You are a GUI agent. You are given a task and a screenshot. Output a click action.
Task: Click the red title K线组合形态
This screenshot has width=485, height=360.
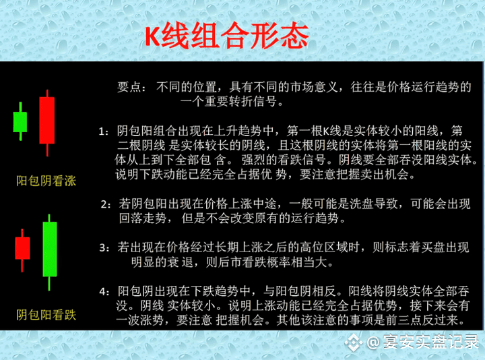(227, 36)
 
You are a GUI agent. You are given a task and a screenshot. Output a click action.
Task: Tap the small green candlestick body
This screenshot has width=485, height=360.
(20, 122)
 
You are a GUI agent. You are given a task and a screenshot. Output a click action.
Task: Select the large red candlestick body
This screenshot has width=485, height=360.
(47, 120)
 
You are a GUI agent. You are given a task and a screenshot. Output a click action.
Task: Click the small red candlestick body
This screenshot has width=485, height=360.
(22, 248)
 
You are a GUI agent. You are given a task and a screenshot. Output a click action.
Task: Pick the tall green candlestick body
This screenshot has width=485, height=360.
(49, 249)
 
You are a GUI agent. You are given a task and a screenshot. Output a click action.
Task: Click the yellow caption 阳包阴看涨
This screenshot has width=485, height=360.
(46, 181)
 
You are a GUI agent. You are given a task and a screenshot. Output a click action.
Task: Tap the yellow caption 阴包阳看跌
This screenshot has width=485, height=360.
(46, 315)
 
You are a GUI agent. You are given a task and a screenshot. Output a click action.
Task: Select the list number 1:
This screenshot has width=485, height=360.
(103, 132)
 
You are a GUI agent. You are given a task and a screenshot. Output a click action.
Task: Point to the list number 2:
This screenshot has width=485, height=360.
(106, 205)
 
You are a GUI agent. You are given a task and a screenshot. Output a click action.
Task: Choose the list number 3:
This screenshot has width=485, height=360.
(104, 248)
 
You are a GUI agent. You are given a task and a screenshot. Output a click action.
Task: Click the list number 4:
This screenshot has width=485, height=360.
(104, 292)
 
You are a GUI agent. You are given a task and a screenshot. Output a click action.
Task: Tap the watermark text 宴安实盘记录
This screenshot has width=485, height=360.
(431, 342)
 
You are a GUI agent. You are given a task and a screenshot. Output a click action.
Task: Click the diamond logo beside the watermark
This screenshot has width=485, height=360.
(354, 342)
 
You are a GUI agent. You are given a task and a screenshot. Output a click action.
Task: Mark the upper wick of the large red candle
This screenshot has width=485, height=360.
(47, 94)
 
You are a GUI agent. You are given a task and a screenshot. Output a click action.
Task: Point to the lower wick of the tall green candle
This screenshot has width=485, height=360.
(49, 284)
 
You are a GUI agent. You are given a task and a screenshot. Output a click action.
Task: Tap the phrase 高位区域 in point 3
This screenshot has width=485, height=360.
(324, 247)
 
